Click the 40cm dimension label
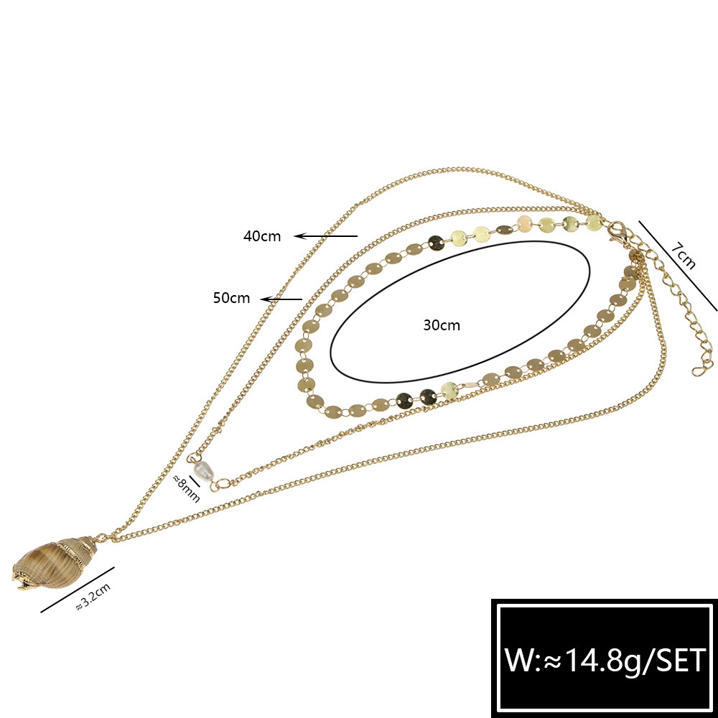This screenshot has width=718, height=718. tap(261, 236)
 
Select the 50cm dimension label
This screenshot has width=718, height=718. tap(231, 298)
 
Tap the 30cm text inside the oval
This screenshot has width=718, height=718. tap(442, 325)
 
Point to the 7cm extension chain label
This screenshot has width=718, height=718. tap(683, 256)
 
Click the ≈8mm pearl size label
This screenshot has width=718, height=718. tap(186, 488)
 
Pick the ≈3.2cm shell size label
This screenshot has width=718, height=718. tap(93, 597)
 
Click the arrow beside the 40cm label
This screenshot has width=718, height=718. tap(325, 236)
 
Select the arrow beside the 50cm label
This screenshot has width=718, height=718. tap(281, 299)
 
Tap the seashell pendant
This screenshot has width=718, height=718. tap(55, 562)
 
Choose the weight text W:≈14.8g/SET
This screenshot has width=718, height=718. tap(605, 660)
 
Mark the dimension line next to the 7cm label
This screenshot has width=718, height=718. tap(679, 266)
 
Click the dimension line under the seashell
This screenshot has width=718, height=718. tap(78, 589)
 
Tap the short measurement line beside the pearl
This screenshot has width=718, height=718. tap(195, 482)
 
